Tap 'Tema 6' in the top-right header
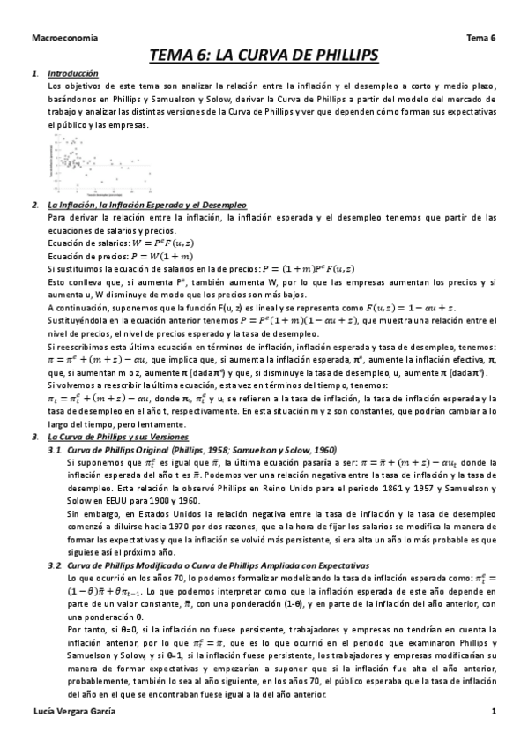tap(480, 39)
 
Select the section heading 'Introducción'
tap(73, 73)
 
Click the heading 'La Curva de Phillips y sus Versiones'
tap(117, 437)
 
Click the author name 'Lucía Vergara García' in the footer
tap(73, 711)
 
